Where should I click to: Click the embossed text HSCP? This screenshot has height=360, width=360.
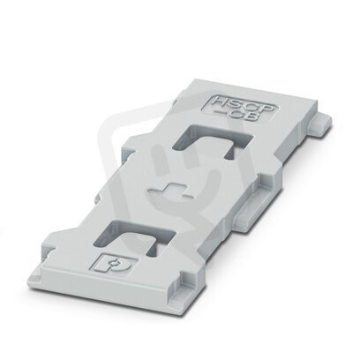pos(244,105)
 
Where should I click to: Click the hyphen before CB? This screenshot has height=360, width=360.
pos(218,112)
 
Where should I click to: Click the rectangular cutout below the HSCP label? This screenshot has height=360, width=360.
pos(213,140)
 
